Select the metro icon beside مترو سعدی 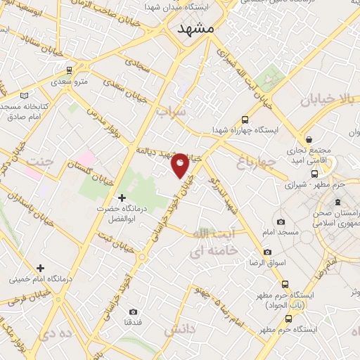[69, 70]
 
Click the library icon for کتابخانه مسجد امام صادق [25, 95]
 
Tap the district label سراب [171, 111]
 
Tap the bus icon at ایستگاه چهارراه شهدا [244, 120]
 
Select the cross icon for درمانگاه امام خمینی [40, 267]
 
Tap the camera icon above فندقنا [133, 311]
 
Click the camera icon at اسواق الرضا [267, 252]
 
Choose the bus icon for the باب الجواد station [284, 285]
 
